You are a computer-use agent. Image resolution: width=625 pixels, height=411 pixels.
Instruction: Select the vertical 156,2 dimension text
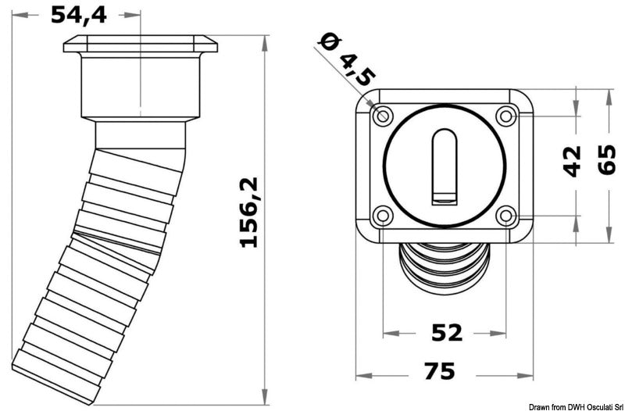point(248,212)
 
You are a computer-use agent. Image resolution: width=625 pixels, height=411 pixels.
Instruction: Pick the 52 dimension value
point(446,333)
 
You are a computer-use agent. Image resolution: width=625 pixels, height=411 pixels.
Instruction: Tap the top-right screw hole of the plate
point(505,116)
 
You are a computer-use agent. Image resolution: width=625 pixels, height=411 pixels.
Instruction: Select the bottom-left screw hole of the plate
point(383,216)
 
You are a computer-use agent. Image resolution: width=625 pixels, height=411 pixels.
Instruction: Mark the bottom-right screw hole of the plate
point(505,216)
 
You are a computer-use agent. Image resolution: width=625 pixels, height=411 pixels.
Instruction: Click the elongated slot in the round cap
point(444,166)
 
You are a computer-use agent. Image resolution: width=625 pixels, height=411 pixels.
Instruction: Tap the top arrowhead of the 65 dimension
point(609,94)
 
